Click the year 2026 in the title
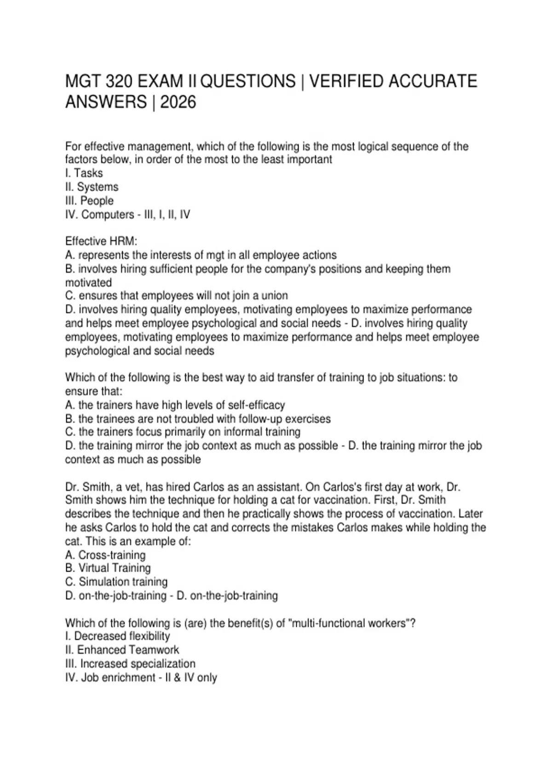click(178, 102)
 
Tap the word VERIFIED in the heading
click(346, 81)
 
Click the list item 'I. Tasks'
click(84, 173)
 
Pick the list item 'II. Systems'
click(92, 187)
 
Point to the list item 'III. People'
click(90, 201)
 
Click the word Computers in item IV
click(106, 215)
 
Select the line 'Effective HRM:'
click(102, 241)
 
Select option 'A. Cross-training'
click(105, 555)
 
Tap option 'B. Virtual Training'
click(108, 569)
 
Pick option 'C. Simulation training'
click(116, 582)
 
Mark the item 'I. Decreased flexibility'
click(118, 637)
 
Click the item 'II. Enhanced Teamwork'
click(122, 650)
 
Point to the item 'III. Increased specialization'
click(131, 664)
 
